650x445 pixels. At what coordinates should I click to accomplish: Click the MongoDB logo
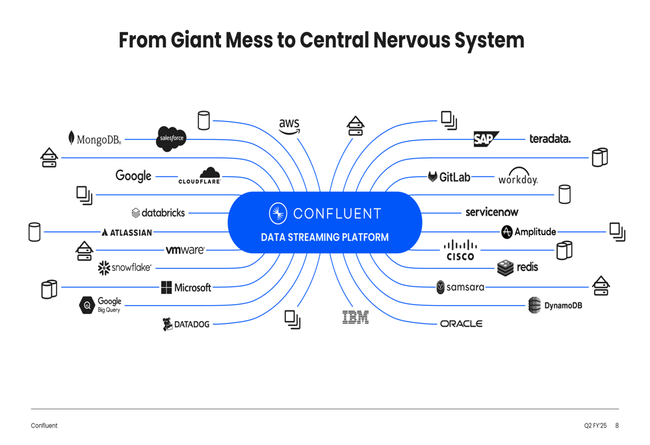pos(95,139)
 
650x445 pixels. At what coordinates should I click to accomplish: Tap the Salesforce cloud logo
pos(172,138)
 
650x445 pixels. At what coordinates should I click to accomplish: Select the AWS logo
pos(289,125)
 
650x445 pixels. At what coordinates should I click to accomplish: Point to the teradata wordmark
pos(550,139)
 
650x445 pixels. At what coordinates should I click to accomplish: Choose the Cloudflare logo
pos(200,175)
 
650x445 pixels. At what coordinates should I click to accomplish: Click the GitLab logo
pos(449,177)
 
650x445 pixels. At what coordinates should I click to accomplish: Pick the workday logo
pos(518,177)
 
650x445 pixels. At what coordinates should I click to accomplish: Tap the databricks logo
pos(158,212)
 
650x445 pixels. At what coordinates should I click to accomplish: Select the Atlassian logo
pos(127,232)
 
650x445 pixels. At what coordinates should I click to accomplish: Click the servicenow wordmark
pos(492,212)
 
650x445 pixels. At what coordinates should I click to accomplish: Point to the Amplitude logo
pos(528,232)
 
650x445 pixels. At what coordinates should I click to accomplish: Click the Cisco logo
pos(460,250)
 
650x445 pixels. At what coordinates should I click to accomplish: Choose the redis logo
pos(517,267)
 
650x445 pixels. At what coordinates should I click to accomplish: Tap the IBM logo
pos(356,317)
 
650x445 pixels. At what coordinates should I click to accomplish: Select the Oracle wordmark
pos(461,324)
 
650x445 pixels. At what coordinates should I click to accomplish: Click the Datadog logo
pos(186,324)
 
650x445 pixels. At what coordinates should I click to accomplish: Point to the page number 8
pos(617,426)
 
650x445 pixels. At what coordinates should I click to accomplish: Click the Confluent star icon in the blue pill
pos(278,213)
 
